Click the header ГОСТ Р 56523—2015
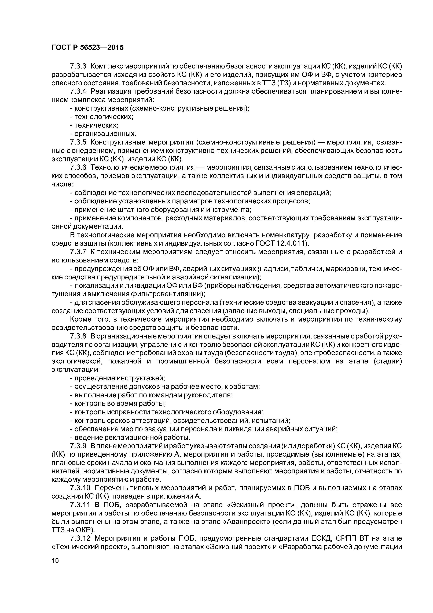click(x=87, y=48)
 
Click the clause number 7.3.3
click(x=78, y=66)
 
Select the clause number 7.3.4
click(x=78, y=92)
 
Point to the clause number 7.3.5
click(x=78, y=142)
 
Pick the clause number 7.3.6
click(x=78, y=167)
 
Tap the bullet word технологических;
click(x=104, y=117)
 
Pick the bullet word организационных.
click(x=105, y=134)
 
